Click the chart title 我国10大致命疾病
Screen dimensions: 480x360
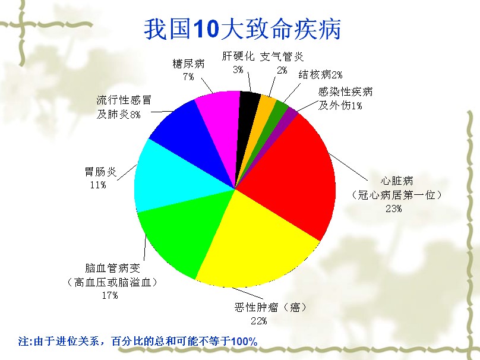(x=242, y=29)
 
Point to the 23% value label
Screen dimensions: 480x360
(x=393, y=209)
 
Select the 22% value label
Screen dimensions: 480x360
(x=258, y=321)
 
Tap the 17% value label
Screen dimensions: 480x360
(x=109, y=295)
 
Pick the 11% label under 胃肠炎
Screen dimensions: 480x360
(x=98, y=185)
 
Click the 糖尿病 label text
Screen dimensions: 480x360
(x=188, y=64)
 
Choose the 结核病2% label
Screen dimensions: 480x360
(x=320, y=75)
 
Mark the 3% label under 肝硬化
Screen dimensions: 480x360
(x=238, y=70)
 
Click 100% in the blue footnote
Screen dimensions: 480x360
(x=244, y=341)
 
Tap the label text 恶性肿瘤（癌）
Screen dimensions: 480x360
(x=270, y=307)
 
